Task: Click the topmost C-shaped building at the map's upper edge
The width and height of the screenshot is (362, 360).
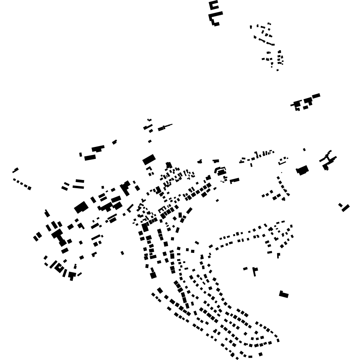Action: tap(213, 5)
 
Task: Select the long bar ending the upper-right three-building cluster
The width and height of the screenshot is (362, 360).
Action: tap(316, 96)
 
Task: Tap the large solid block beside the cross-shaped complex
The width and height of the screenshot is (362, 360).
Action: tap(302, 170)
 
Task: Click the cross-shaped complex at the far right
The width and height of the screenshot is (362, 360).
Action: tap(328, 160)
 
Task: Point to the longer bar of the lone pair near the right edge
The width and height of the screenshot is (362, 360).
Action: tap(346, 208)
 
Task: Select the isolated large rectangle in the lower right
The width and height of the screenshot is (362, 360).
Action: tap(284, 295)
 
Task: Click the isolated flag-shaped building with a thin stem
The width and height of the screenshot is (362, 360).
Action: tap(255, 270)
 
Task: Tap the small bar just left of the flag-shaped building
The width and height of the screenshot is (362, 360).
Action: tap(245, 268)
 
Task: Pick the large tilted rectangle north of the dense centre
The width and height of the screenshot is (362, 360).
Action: tap(149, 159)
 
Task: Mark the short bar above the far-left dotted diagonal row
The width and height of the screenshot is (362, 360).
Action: tap(16, 170)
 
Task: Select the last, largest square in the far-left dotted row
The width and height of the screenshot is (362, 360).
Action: tap(30, 188)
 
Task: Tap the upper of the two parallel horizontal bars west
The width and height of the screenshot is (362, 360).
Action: tap(80, 181)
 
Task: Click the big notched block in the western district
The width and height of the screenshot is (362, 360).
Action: tap(81, 207)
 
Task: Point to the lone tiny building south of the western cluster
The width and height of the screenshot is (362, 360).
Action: tap(122, 253)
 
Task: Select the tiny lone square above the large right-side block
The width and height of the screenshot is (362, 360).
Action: tap(304, 149)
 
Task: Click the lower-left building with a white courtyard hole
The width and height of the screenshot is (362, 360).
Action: tap(59, 268)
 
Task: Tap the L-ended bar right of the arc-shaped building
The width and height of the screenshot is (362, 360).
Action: tap(234, 180)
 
